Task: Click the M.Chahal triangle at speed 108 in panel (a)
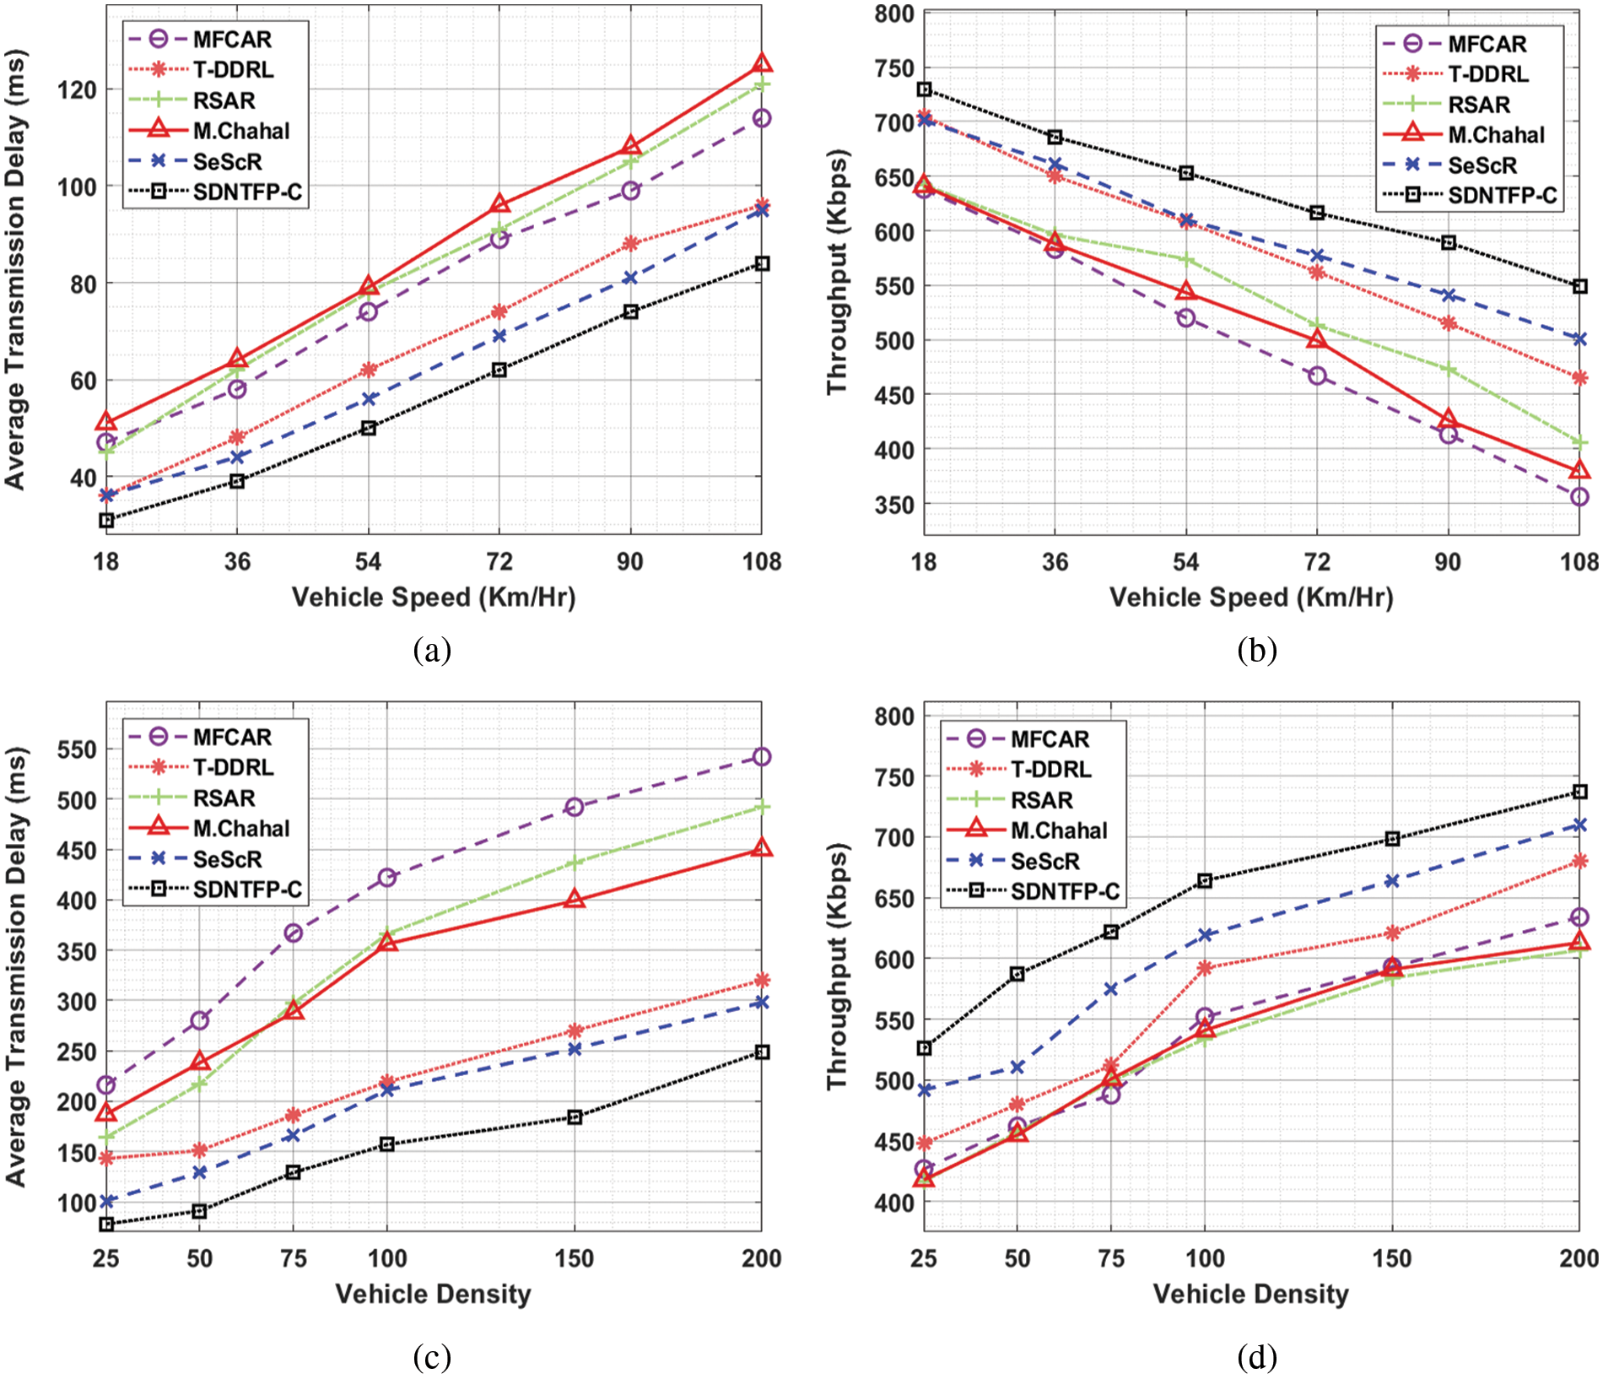pos(762,63)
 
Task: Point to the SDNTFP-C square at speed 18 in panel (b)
pos(925,89)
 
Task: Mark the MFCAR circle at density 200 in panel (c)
pos(762,757)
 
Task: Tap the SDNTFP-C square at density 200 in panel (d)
pos(1580,792)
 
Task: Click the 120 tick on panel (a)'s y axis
pos(77,89)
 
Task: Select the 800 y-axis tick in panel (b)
pos(895,14)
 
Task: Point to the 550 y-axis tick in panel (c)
pos(77,749)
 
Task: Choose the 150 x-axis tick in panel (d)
pos(1392,1258)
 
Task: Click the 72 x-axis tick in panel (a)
pos(499,561)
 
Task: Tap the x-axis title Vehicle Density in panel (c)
pos(433,1294)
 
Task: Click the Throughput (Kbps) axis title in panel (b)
pos(837,272)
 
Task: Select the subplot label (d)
pos(1257,1357)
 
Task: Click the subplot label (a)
pos(433,650)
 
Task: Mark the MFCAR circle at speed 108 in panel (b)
pos(1579,497)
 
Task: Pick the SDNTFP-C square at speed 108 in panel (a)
pos(762,264)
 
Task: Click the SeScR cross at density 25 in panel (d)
pos(925,1090)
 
